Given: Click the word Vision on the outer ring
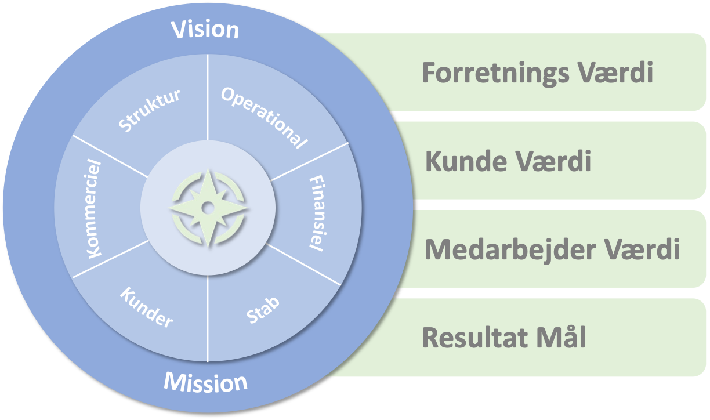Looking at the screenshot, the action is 205,30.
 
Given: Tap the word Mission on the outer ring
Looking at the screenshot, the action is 205,382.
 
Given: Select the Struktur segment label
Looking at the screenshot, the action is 149,110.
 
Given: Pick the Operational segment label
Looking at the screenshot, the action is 264,118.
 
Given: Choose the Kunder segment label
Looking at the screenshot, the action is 146,307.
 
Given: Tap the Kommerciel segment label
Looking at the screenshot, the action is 94,209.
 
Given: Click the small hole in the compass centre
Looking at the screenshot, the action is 208,208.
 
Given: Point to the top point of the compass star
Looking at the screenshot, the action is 208,169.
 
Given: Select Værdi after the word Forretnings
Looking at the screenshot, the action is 615,73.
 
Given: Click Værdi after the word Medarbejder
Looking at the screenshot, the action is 642,249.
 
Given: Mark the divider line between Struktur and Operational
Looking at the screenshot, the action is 208,97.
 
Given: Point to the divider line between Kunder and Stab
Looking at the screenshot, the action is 208,318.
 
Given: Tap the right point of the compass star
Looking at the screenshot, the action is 247,208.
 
